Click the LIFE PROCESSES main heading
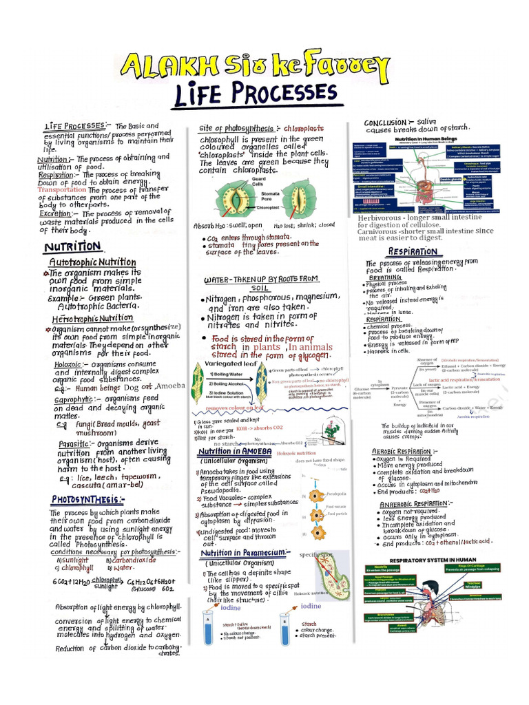(x=254, y=93)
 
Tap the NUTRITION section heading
(x=72, y=246)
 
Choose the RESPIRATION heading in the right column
(x=413, y=252)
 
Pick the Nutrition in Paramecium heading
(x=245, y=552)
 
